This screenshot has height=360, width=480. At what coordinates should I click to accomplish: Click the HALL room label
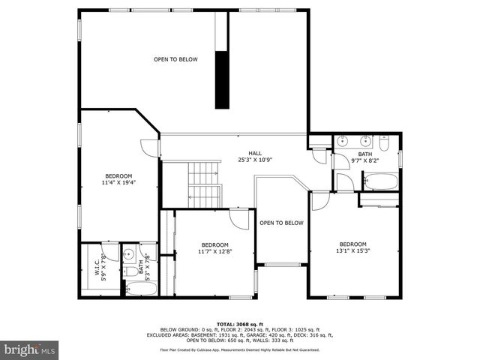(x=250, y=153)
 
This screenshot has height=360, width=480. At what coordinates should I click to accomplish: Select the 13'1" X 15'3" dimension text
(x=352, y=251)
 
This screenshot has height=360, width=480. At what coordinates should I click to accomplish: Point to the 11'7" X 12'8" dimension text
(x=214, y=252)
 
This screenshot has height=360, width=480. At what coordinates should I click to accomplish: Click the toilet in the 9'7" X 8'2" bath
(x=383, y=140)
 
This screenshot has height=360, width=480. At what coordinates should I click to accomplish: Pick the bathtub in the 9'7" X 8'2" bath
(x=382, y=181)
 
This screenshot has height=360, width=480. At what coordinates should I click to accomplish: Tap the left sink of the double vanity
(x=342, y=140)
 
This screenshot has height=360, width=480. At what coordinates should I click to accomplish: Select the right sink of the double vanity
(x=365, y=140)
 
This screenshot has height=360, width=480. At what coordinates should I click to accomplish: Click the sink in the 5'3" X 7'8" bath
(x=128, y=253)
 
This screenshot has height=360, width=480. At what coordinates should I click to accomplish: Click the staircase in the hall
(x=204, y=185)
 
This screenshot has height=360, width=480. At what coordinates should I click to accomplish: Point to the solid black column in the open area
(x=222, y=80)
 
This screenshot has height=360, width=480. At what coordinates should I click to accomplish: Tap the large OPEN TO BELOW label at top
(x=175, y=59)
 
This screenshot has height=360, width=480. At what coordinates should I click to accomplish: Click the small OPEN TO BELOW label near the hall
(x=281, y=223)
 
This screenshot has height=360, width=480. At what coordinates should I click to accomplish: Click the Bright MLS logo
(x=29, y=349)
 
